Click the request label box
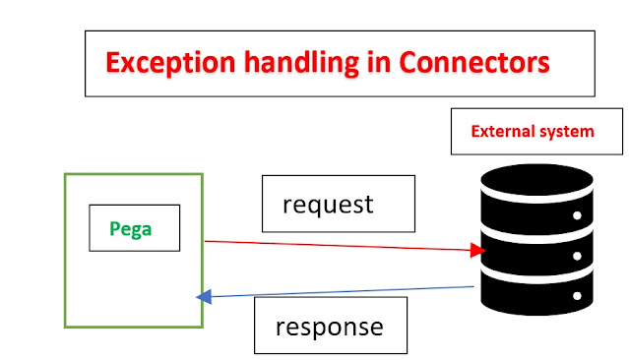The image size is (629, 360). point(328,204)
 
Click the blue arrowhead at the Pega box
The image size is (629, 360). point(204,296)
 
